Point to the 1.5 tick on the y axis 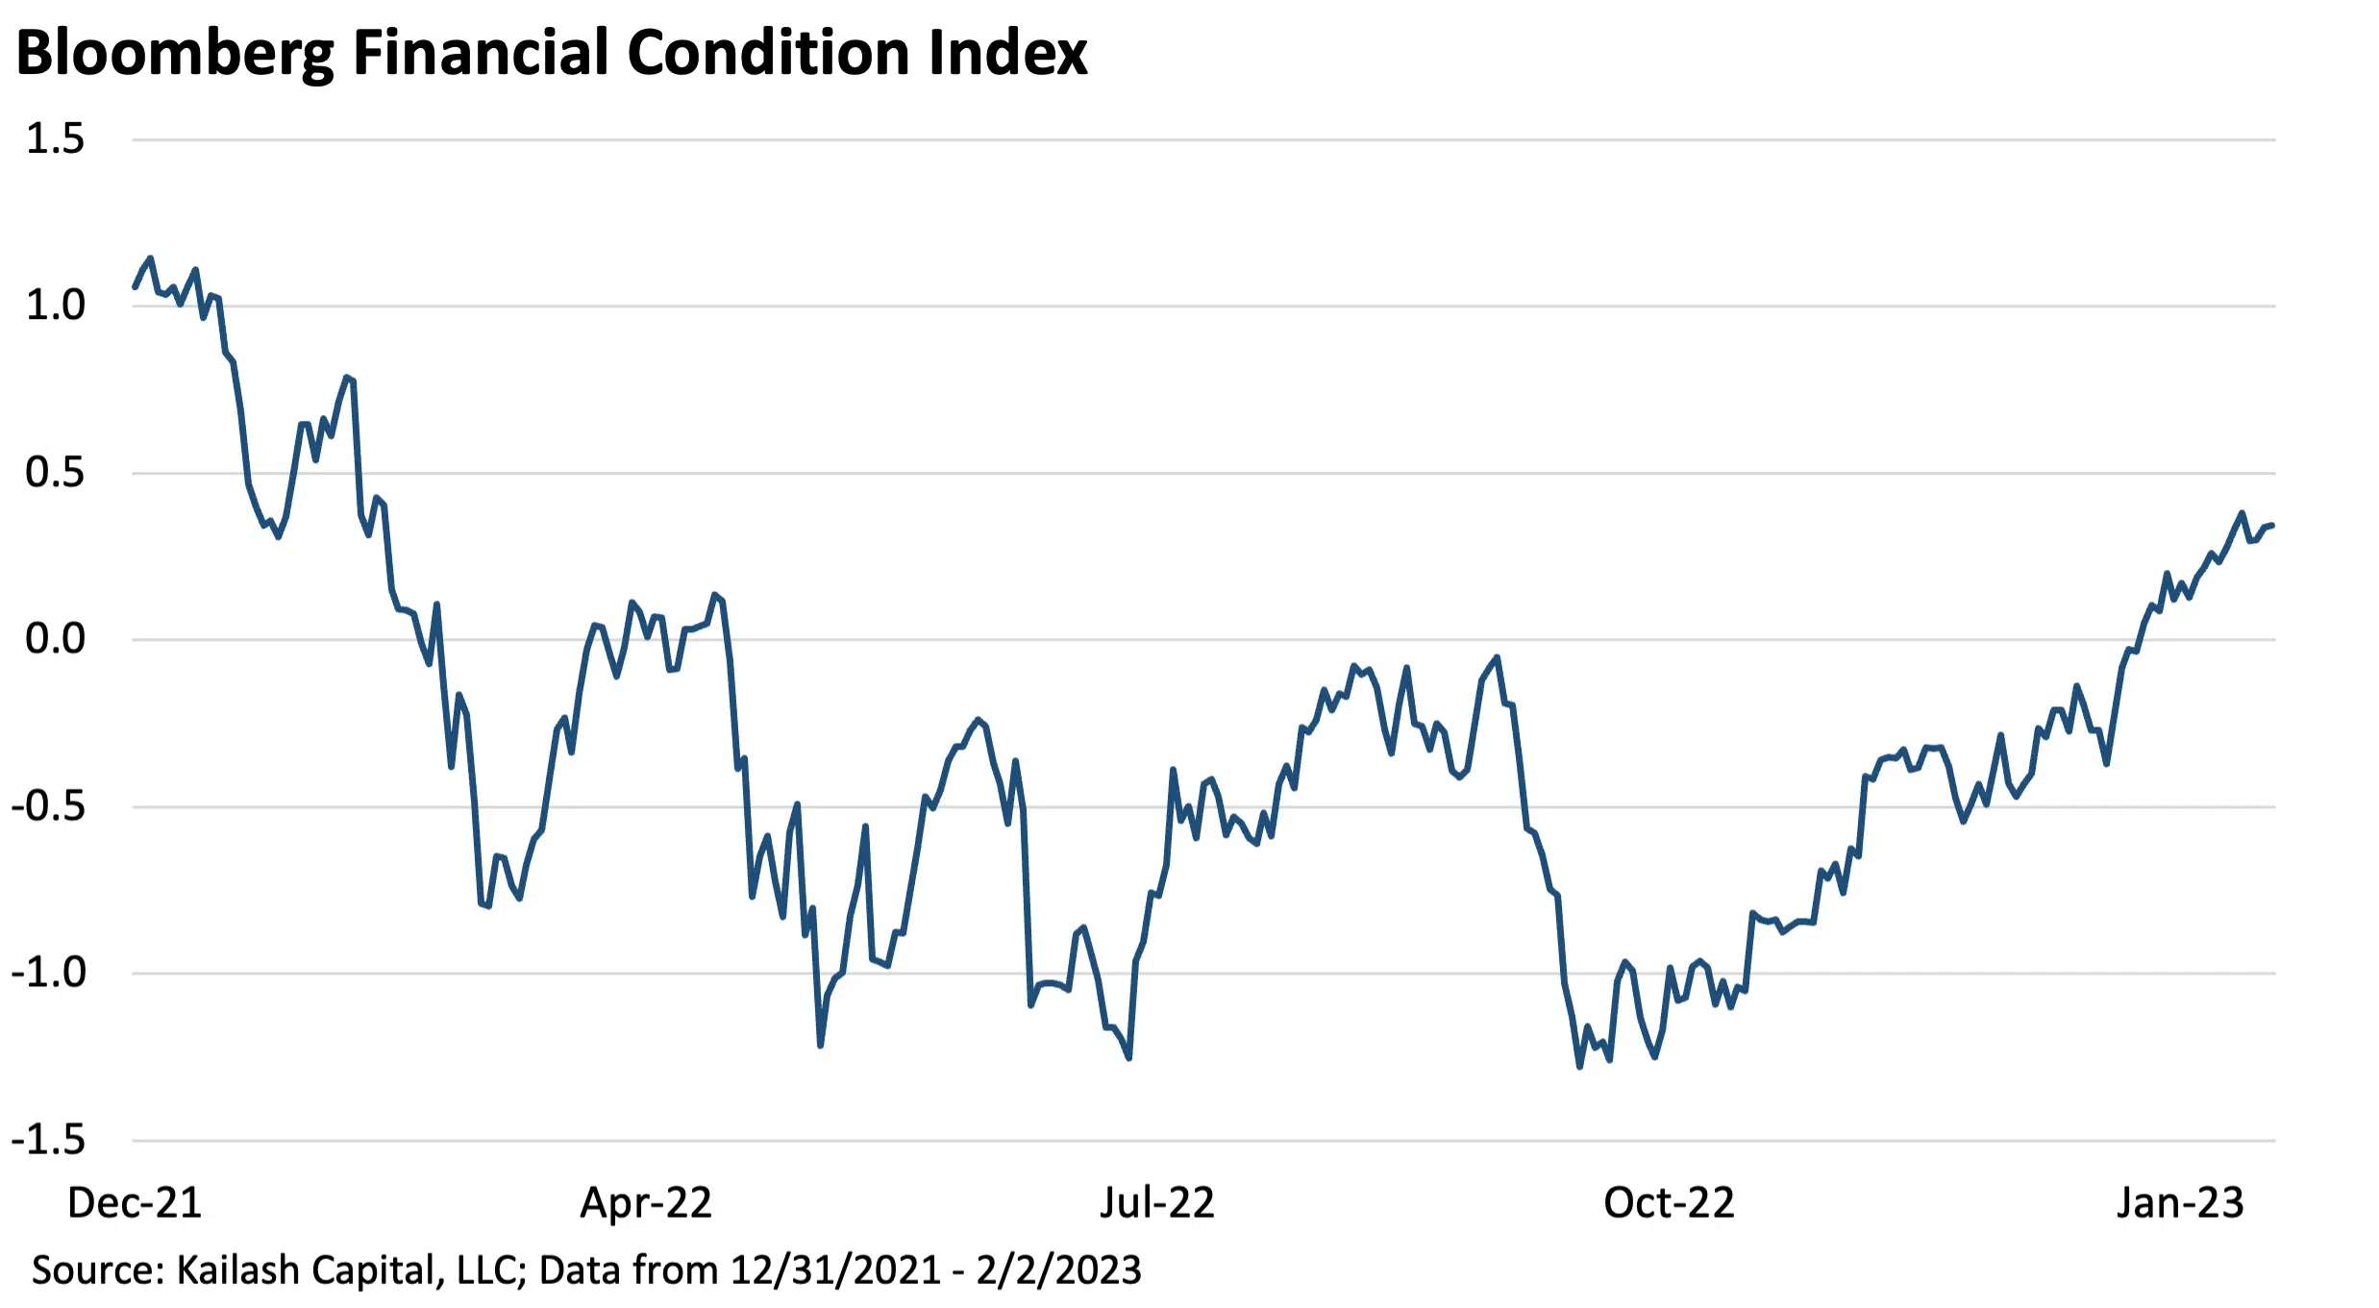coord(55,139)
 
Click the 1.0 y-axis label coord(55,306)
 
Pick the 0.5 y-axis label coord(55,473)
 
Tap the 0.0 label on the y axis coord(55,639)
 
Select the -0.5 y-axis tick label coord(48,806)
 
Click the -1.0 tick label coord(48,973)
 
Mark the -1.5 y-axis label coord(48,1141)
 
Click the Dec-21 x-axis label coord(135,1203)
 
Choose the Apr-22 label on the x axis coord(646,1203)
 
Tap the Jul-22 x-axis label coord(1157,1203)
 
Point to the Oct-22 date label coord(1669,1203)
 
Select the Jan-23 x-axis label coord(2180,1203)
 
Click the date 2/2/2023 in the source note coord(1058,1271)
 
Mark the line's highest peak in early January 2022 coord(150,259)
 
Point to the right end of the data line coord(2271,525)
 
